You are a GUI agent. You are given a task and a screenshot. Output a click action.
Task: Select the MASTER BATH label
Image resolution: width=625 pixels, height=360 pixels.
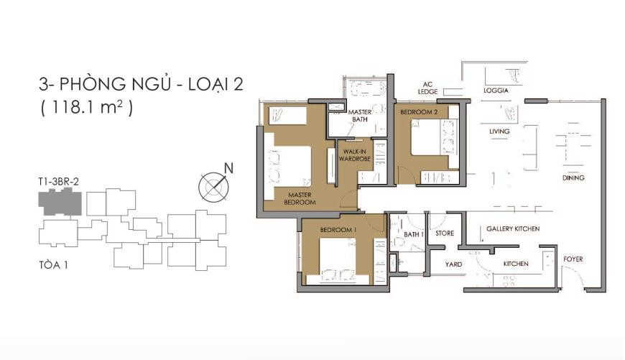[x=358, y=116]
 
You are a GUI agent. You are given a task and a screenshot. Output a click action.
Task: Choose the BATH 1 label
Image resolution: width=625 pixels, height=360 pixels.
[x=413, y=234]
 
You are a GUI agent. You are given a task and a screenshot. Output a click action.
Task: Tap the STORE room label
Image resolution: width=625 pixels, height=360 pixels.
[x=445, y=234]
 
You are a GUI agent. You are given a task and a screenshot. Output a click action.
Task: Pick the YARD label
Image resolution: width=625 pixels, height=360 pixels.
[x=453, y=264]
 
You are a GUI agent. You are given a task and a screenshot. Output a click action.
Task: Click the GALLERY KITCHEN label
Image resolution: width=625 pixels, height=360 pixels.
[x=513, y=229]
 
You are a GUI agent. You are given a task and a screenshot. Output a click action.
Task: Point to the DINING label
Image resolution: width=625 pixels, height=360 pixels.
[x=574, y=177]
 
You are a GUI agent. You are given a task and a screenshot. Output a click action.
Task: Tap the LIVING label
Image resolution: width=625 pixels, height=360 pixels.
[x=499, y=131]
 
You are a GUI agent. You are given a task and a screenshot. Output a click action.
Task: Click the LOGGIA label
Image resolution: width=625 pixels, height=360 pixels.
[x=496, y=91]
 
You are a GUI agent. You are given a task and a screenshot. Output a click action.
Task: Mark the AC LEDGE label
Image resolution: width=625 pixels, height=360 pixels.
[x=430, y=87]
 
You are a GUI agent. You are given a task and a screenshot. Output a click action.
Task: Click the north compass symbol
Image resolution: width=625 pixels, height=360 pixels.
[x=214, y=185]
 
